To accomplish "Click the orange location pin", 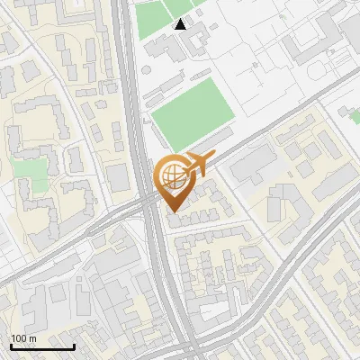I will click(x=175, y=180).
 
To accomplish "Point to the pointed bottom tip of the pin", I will click(x=174, y=211).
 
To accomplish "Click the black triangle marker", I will click(x=181, y=24).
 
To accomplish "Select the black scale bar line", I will click(x=41, y=346).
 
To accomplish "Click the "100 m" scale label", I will click(x=24, y=338).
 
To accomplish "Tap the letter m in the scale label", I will click(x=33, y=338).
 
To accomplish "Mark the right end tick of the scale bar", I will click(x=75, y=345).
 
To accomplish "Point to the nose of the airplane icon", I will click(x=213, y=157).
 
